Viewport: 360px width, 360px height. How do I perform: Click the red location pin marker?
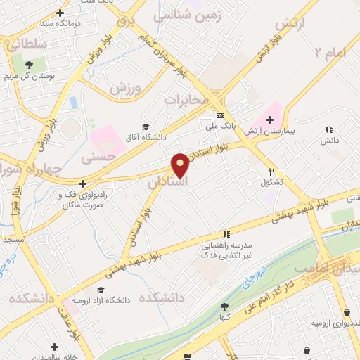point(180,166)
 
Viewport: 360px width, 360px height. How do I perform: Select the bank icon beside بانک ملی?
point(220,115)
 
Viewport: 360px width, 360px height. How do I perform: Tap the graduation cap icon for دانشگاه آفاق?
point(145,127)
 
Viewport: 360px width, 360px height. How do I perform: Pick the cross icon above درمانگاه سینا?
point(60,12)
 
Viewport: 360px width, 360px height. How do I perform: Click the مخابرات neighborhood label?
point(187,101)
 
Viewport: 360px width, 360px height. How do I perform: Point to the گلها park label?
point(224,317)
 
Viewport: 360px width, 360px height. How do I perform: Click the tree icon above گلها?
point(224,306)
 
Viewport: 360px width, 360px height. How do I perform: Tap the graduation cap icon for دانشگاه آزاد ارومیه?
point(101,290)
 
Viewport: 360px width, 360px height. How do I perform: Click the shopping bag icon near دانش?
point(328,129)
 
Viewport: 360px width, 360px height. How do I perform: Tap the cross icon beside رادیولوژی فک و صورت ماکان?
point(82,184)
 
